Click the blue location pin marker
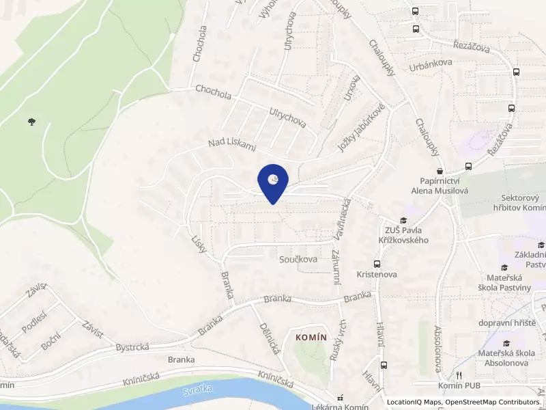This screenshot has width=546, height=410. point(273,182)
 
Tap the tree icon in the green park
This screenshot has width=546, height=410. point(31,122)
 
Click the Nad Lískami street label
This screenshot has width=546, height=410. point(232,144)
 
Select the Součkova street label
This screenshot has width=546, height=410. point(298,260)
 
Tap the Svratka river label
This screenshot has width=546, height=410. point(197,392)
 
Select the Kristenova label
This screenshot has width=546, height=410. point(377,274)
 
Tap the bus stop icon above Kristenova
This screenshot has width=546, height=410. point(376,263)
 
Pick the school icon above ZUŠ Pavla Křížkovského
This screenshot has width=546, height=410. point(403,220)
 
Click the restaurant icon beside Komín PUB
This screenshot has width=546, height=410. point(459,375)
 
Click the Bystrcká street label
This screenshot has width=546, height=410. point(132,347)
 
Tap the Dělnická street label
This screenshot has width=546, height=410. point(270,338)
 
